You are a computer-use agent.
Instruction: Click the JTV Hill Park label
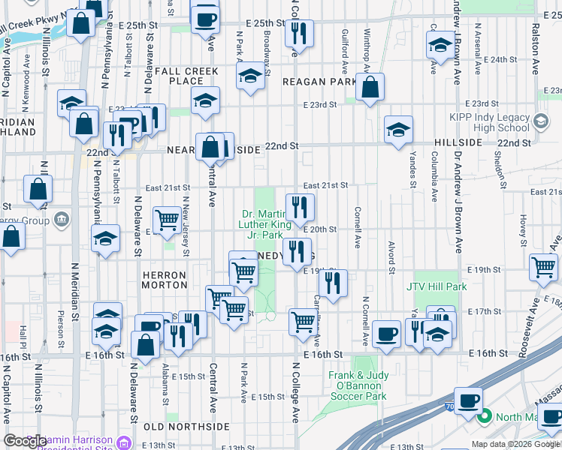pos(437,286)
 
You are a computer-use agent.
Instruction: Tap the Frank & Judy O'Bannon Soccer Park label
pos(357,385)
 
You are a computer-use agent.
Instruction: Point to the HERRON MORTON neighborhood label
pos(165,280)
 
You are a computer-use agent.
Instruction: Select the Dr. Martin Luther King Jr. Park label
pos(264,223)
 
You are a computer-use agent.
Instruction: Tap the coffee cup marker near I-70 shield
pos(469,400)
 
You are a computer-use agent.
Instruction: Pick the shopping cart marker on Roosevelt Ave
pos(543,267)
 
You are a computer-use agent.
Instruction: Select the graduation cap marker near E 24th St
pos(440,46)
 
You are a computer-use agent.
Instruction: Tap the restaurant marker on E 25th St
pos(300,33)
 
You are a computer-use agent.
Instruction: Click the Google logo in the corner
pos(26,442)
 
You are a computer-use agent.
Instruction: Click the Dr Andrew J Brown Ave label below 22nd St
pos(457,217)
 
